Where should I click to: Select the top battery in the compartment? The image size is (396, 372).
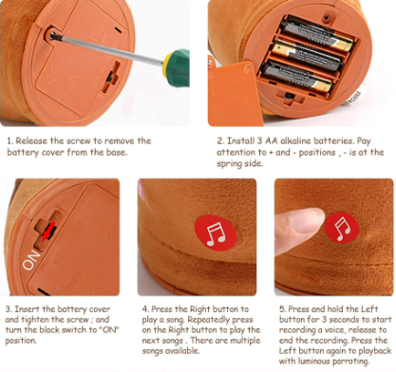coord(316,34)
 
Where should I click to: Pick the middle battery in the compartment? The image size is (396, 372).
coord(307,55)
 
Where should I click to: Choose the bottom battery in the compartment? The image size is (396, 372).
coord(297,77)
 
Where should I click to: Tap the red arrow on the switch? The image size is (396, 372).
coord(49,232)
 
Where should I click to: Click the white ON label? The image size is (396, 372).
coord(31,260)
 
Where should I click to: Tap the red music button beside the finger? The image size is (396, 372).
coord(342,228)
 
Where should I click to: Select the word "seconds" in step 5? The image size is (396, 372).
coord(344,319)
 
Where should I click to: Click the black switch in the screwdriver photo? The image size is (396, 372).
coord(110,77)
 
